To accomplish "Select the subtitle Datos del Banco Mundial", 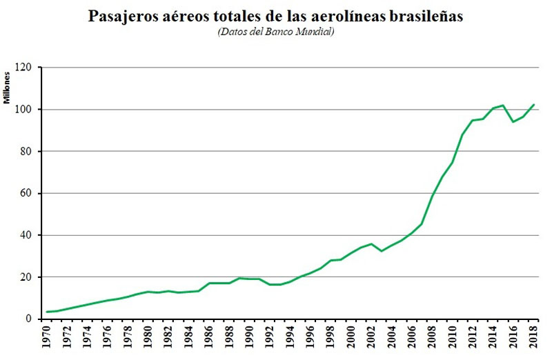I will pyautogui.click(x=275, y=32).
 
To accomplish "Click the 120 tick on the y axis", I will pyautogui.click(x=25, y=68).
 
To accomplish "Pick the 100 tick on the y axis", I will pyautogui.click(x=25, y=110).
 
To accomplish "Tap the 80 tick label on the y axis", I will pyautogui.click(x=28, y=151).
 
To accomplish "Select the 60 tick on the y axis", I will pyautogui.click(x=28, y=193).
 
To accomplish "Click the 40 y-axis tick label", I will pyautogui.click(x=28, y=235).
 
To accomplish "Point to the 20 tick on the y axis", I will pyautogui.click(x=28, y=277).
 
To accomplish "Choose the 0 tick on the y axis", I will pyautogui.click(x=30, y=319).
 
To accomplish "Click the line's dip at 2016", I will pyautogui.click(x=513, y=122).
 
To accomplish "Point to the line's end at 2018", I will pyautogui.click(x=533, y=105).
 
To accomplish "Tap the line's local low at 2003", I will pyautogui.click(x=382, y=251).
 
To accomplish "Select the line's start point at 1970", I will pyautogui.click(x=48, y=312).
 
